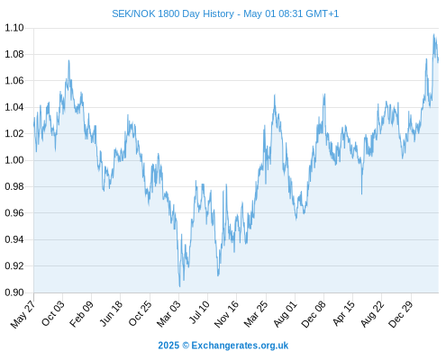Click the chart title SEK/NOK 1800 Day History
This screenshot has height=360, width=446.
(x=173, y=13)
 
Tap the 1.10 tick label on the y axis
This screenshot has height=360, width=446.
(x=14, y=28)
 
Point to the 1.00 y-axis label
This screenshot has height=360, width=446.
(x=14, y=160)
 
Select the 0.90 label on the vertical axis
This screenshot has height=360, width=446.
(x=14, y=292)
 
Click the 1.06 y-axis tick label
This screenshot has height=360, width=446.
(x=14, y=81)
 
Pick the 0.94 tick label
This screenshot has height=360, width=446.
(x=14, y=239)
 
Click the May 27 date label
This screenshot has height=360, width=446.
(x=23, y=314)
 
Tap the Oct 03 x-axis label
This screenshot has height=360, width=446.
(x=52, y=313)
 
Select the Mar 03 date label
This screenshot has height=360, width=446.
(x=168, y=313)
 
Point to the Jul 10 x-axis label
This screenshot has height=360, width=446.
(x=199, y=312)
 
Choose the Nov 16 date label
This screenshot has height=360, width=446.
(x=226, y=314)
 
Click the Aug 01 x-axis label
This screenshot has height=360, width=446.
(x=285, y=313)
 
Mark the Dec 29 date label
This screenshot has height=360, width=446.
(x=401, y=314)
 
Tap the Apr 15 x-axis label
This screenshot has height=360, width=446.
(x=343, y=313)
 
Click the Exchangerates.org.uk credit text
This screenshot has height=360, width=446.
(x=240, y=346)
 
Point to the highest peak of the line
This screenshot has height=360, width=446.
(x=433, y=34)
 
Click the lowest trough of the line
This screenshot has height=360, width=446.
(x=179, y=286)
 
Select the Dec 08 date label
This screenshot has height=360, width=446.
(x=314, y=314)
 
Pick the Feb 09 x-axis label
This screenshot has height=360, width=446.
(x=81, y=313)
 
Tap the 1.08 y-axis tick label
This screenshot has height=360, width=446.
(x=14, y=54)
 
